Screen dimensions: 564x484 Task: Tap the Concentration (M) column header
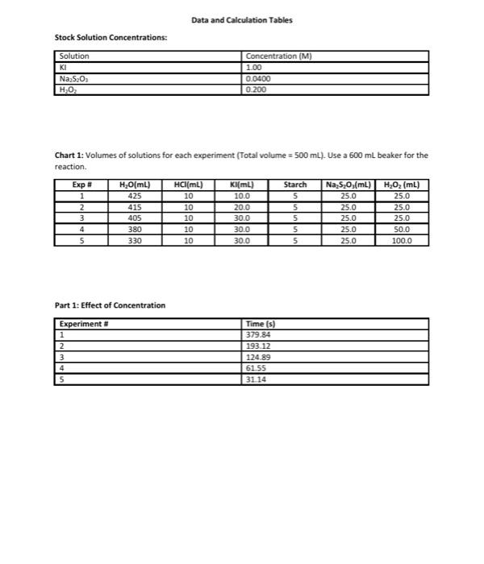(x=278, y=56)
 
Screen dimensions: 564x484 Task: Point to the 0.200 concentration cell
(x=256, y=89)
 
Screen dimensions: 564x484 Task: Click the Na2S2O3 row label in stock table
(x=72, y=78)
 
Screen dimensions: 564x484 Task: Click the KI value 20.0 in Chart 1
(x=241, y=206)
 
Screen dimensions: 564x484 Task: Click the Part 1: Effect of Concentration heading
(x=110, y=305)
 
